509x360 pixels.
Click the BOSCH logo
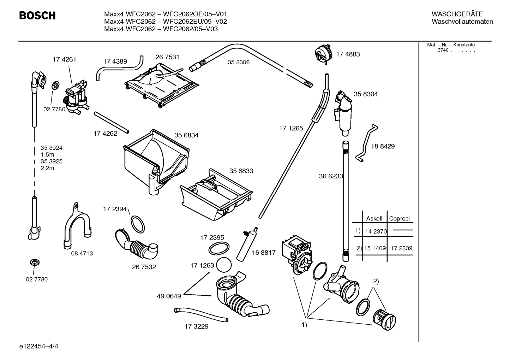[x=37, y=16]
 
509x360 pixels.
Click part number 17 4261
[x=64, y=60]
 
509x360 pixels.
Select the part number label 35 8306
[x=238, y=62]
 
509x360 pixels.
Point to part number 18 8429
[x=383, y=146]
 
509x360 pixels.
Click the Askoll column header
[x=374, y=219]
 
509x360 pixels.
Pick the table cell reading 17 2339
[x=401, y=248]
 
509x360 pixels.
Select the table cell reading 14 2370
[x=376, y=232]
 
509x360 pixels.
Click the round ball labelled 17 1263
[x=223, y=265]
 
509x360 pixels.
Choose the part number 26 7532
[x=144, y=267]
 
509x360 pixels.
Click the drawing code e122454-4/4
[x=39, y=346]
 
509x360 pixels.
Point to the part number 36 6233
[x=331, y=176]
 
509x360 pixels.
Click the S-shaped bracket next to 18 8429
[x=365, y=143]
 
